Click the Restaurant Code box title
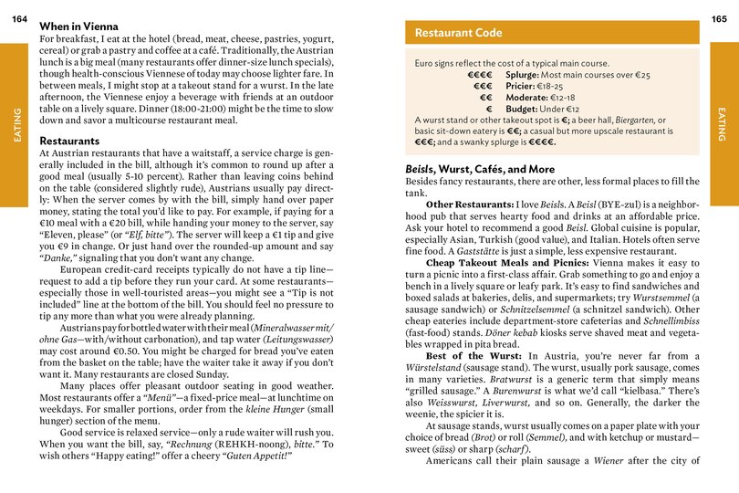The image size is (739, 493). point(458,33)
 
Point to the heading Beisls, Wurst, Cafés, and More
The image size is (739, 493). point(479,169)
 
